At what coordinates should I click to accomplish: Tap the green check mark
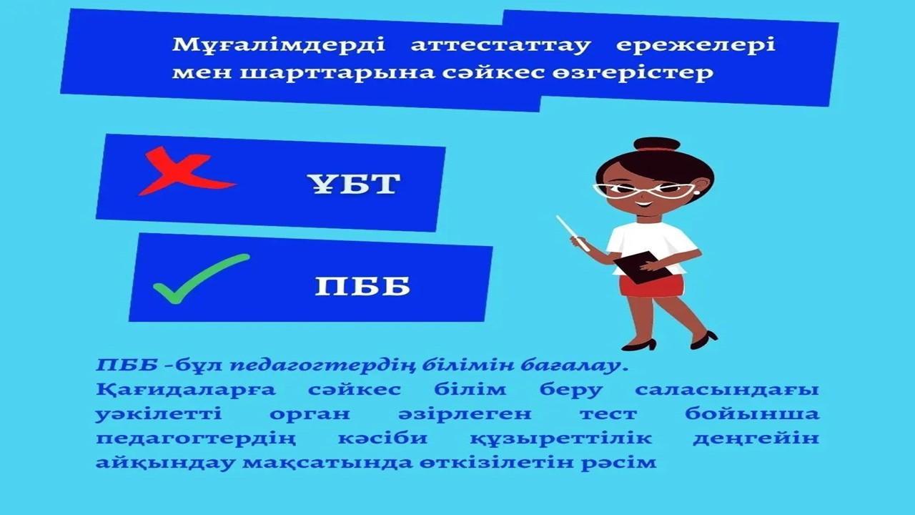pos(201,279)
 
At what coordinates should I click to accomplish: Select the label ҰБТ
pos(354,185)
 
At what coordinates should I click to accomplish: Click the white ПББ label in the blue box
pos(362,285)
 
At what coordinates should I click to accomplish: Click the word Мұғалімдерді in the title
pos(279,45)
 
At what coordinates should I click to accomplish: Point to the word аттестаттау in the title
pos(501,45)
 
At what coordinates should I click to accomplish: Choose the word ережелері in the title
pos(696,45)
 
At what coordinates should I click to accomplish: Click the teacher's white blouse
pos(651,245)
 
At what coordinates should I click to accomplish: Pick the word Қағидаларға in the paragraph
pos(186,390)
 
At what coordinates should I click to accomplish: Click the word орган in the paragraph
pos(310,415)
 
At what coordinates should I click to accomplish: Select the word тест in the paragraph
pos(608,414)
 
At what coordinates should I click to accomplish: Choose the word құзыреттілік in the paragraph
pos(560,439)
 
